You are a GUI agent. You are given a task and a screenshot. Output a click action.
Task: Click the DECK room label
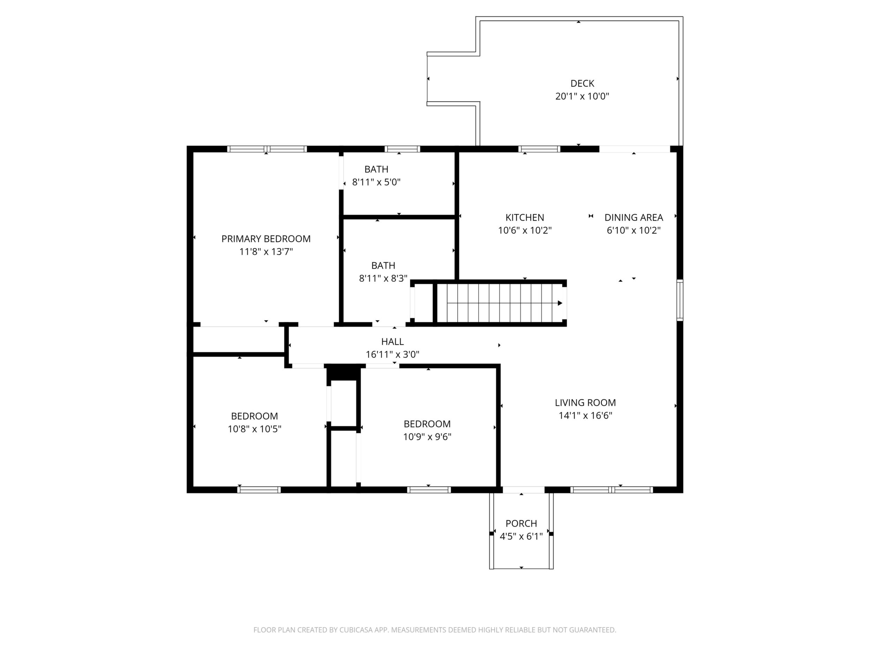(x=582, y=83)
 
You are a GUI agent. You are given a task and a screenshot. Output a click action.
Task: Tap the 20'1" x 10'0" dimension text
(x=582, y=96)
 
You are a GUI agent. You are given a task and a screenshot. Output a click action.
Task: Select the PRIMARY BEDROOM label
(x=266, y=239)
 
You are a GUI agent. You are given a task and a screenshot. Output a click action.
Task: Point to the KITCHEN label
(x=525, y=217)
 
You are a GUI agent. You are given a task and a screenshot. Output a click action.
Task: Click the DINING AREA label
(x=634, y=217)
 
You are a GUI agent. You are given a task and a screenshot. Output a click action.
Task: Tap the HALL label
(x=392, y=342)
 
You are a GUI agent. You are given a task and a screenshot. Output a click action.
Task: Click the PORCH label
(x=521, y=523)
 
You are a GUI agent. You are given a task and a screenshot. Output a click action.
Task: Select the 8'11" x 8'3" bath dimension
(x=383, y=279)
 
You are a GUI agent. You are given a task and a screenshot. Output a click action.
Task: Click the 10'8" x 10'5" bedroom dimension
(x=254, y=429)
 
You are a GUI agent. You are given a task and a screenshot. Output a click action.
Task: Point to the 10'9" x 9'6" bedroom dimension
(x=427, y=437)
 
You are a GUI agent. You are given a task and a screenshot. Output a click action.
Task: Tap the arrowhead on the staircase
(x=560, y=303)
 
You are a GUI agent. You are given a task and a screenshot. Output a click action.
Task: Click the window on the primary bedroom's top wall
(x=267, y=149)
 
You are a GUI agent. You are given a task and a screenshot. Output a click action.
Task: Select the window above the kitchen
(x=539, y=149)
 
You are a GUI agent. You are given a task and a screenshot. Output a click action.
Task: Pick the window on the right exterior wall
(x=680, y=300)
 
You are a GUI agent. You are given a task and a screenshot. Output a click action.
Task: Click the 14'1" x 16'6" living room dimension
(x=585, y=416)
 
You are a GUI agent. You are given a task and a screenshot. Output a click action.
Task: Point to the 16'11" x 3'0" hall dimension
(x=392, y=355)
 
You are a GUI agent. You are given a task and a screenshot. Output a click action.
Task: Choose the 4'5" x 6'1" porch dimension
(x=521, y=536)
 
